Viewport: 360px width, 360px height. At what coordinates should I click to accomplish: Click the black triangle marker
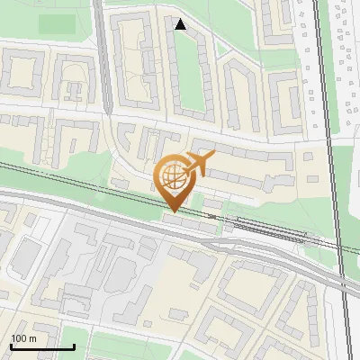[x=181, y=25]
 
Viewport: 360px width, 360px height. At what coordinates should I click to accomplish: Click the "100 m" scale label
[x=23, y=338]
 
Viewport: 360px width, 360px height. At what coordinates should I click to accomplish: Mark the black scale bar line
[x=42, y=346]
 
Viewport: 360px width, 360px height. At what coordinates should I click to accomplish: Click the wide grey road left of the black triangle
[x=103, y=54]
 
